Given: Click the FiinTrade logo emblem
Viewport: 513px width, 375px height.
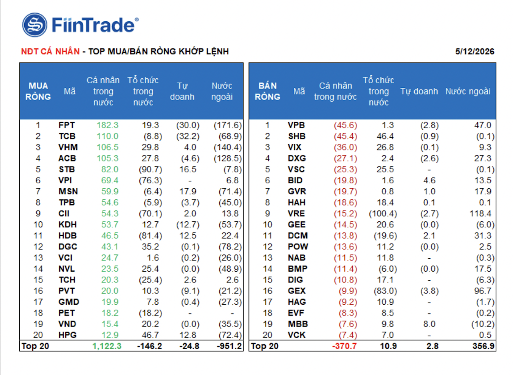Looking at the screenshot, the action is point(35,25).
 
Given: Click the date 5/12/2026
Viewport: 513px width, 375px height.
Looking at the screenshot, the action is point(475,51).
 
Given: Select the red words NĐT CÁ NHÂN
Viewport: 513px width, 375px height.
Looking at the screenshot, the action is point(50,51).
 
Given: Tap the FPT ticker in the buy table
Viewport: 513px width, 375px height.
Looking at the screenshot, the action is point(67,125).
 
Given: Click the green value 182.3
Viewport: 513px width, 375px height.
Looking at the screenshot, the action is point(108,125).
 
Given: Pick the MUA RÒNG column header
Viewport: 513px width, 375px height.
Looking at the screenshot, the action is point(38,91).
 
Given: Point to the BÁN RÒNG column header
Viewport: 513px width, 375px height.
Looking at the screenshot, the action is point(267,91).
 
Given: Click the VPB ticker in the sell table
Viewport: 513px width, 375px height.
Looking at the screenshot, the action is point(296,125).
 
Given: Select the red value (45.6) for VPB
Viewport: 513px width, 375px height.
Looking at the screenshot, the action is point(345,125).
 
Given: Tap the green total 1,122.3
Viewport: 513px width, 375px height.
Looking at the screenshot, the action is point(107,346).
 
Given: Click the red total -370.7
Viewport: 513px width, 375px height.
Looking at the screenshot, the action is point(344,346).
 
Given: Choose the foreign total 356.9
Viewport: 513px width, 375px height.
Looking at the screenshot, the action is point(483,346).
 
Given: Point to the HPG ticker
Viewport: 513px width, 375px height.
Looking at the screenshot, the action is point(67,335).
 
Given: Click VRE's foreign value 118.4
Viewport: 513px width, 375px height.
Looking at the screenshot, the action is point(480,213).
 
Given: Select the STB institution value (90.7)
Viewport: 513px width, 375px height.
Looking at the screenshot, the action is point(150,169).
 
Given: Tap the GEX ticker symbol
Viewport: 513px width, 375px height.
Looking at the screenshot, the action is point(297,291).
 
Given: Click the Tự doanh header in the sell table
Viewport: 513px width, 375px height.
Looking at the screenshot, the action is point(419,91).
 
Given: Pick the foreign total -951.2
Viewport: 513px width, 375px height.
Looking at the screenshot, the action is point(229,346).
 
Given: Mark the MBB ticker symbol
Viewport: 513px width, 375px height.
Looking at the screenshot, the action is point(298,324).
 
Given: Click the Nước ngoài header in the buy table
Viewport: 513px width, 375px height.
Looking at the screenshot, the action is point(222,91).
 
